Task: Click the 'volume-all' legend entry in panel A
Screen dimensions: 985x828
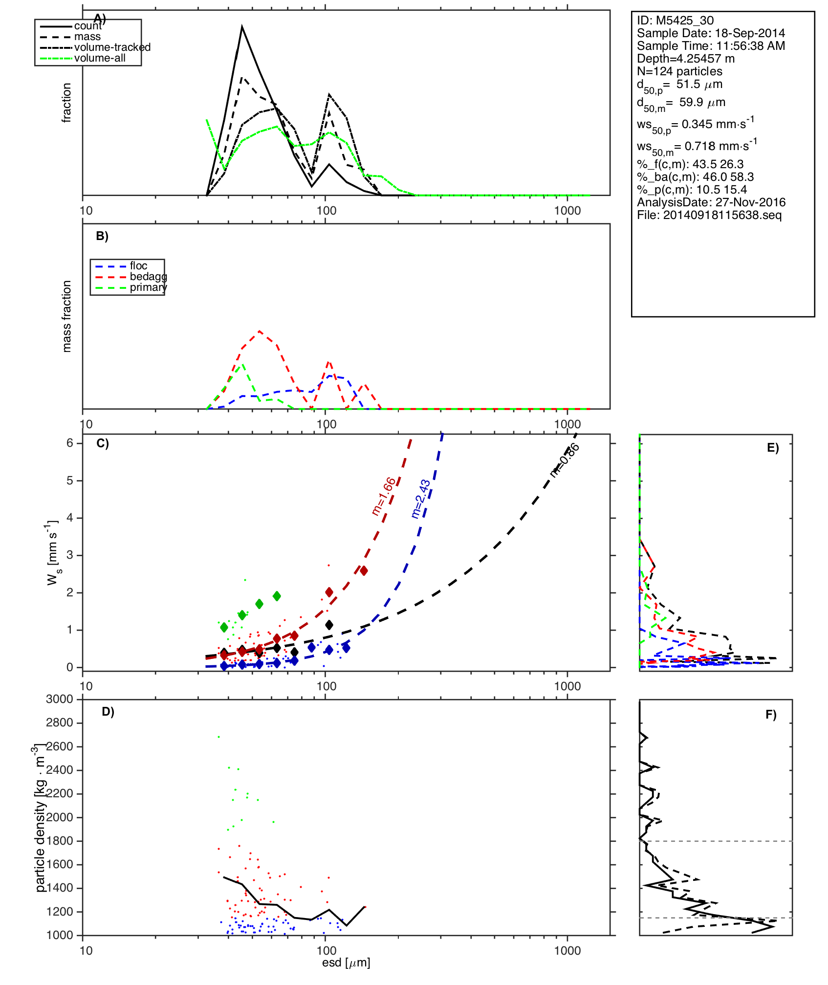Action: click(100, 58)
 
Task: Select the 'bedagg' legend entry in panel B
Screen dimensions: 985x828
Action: click(148, 277)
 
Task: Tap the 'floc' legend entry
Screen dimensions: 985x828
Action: click(138, 266)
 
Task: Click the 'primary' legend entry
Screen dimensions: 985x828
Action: click(148, 287)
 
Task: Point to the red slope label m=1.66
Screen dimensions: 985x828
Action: click(384, 496)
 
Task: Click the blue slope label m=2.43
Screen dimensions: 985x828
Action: click(421, 499)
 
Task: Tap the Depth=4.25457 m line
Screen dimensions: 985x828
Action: click(685, 59)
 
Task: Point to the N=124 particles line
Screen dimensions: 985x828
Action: click(679, 71)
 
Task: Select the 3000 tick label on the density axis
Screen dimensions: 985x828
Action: click(60, 700)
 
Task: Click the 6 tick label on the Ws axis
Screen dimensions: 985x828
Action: click(70, 443)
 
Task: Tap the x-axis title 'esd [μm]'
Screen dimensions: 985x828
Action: click(346, 963)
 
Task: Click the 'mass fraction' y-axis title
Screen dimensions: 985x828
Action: click(67, 316)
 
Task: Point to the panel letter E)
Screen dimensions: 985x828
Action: click(773, 448)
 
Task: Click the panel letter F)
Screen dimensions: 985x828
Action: click(771, 715)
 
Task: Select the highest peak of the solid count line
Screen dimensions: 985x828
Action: click(242, 27)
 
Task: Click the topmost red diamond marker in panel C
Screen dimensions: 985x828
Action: click(364, 571)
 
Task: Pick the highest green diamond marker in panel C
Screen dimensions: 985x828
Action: click(277, 596)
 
